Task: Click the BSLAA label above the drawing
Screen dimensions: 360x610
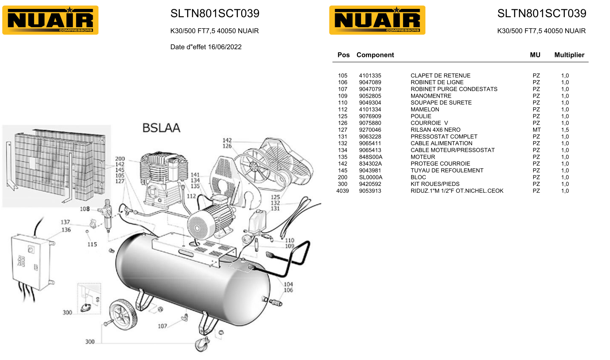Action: pyautogui.click(x=161, y=128)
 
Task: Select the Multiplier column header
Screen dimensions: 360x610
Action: pyautogui.click(x=569, y=55)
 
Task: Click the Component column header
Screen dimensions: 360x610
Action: pyautogui.click(x=375, y=55)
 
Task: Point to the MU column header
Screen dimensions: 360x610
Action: pyautogui.click(x=535, y=55)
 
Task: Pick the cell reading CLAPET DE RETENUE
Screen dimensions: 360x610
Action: pyautogui.click(x=440, y=76)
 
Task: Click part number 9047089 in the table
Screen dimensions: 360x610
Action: pyautogui.click(x=370, y=82)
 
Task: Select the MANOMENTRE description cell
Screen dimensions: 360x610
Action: pyautogui.click(x=431, y=96)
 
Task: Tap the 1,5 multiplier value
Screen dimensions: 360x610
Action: pyautogui.click(x=565, y=130)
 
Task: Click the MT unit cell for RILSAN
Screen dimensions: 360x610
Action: pyautogui.click(x=536, y=130)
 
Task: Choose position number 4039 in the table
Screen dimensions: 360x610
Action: pyautogui.click(x=342, y=191)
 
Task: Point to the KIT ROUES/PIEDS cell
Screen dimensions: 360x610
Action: pyautogui.click(x=435, y=184)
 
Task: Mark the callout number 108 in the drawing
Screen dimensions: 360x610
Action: pyautogui.click(x=85, y=209)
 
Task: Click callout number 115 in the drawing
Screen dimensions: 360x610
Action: pyautogui.click(x=92, y=244)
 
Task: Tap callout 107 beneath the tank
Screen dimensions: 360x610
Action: pyautogui.click(x=162, y=326)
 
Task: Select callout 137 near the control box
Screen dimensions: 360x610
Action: pyautogui.click(x=65, y=222)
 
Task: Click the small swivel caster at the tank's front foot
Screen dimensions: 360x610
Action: pyautogui.click(x=201, y=345)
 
